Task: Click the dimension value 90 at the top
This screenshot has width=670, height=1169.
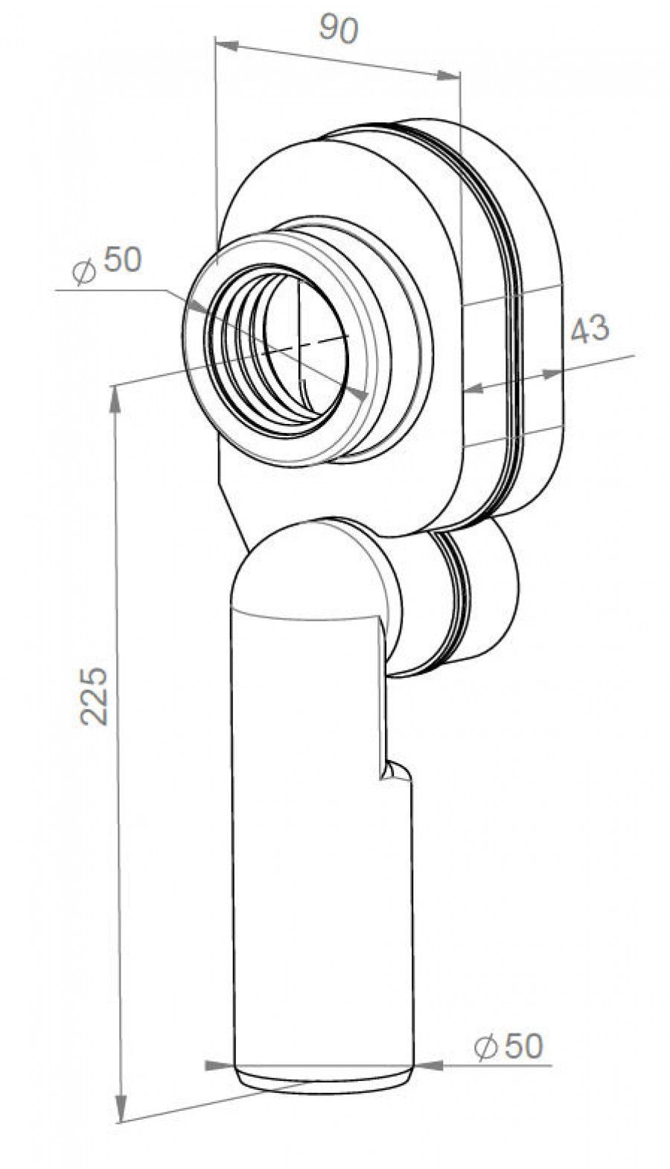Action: tap(339, 29)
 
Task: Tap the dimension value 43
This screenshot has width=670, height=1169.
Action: tap(590, 329)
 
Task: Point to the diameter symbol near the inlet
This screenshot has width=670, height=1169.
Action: tap(84, 271)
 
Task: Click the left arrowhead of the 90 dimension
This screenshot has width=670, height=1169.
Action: tap(227, 45)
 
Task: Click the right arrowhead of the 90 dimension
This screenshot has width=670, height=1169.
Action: tap(448, 76)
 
